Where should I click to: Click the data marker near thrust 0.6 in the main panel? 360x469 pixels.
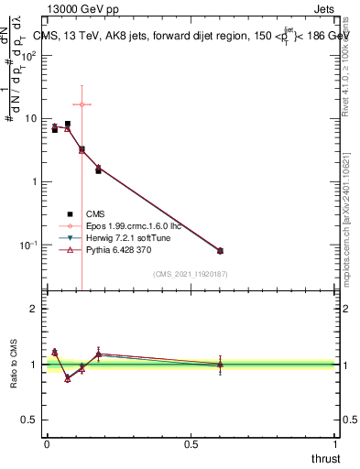tap(220, 250)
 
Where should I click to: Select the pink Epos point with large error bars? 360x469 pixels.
tap(82, 104)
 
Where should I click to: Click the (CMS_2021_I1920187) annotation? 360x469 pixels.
tap(190, 273)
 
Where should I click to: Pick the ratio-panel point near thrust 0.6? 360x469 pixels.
tap(220, 365)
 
